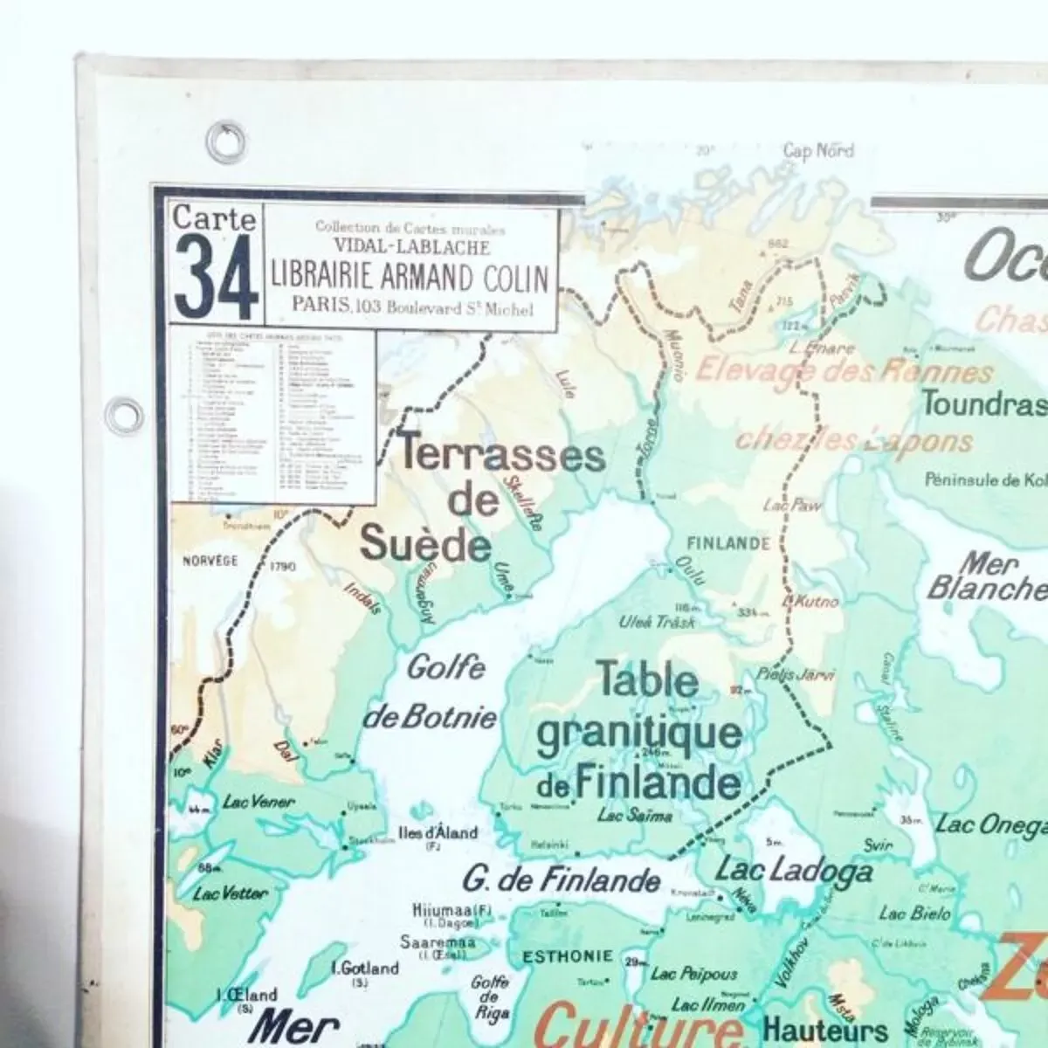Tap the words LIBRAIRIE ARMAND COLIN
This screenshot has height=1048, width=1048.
[x=410, y=278]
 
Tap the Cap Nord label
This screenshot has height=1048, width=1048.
[x=818, y=151]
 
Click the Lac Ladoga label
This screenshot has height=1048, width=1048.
[x=794, y=870]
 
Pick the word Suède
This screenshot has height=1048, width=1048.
[x=425, y=545]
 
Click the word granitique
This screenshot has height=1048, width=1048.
[x=638, y=734]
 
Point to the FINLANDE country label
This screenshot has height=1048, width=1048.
[x=728, y=543]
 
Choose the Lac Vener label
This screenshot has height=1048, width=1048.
[x=259, y=802]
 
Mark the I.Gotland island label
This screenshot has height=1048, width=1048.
[x=364, y=968]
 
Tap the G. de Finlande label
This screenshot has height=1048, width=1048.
[x=562, y=878]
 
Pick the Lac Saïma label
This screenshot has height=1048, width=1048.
[x=635, y=817]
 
